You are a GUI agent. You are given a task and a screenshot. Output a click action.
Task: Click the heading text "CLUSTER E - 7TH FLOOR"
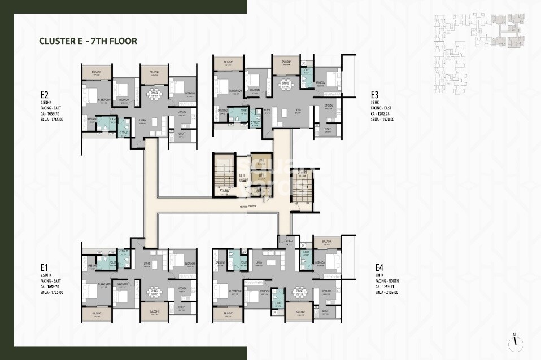point(88,41)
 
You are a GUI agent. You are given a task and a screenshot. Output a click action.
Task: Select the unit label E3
point(374,94)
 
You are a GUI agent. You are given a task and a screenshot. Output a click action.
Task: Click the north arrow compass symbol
point(515,343)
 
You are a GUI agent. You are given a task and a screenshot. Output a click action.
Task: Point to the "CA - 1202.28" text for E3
point(383,114)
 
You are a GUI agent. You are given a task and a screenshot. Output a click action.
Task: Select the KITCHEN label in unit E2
point(182,113)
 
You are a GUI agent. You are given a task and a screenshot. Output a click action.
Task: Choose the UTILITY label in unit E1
point(182,308)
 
